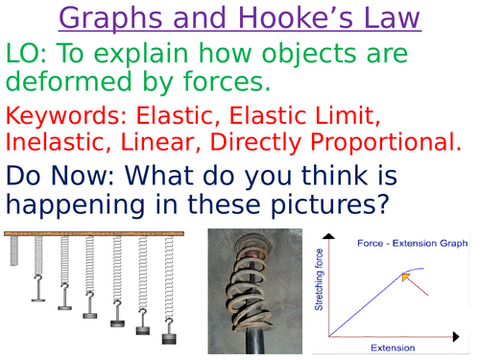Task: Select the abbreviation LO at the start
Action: [28, 56]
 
